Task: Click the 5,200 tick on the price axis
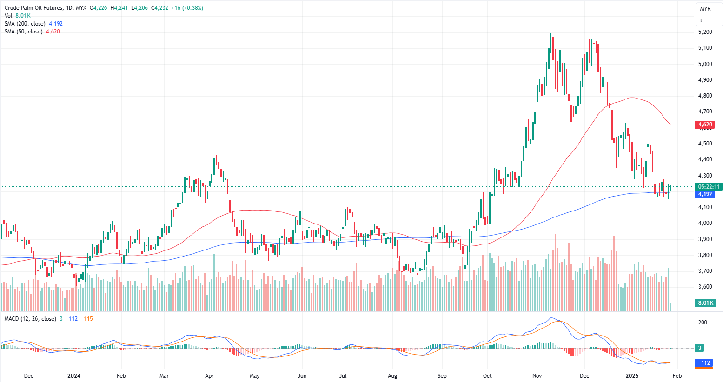pyautogui.click(x=705, y=32)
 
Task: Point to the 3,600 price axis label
pyautogui.click(x=705, y=287)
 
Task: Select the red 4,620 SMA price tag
pyautogui.click(x=705, y=125)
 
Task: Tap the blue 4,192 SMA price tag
pyautogui.click(x=705, y=194)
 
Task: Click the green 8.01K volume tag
pyautogui.click(x=705, y=303)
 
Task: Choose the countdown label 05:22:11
pyautogui.click(x=709, y=187)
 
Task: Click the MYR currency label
pyautogui.click(x=705, y=9)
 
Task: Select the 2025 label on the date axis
pyautogui.click(x=631, y=375)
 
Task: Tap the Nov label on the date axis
pyautogui.click(x=537, y=375)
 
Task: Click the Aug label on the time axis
pyautogui.click(x=392, y=375)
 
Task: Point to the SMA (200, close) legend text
pyautogui.click(x=25, y=24)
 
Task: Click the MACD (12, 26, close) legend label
pyautogui.click(x=30, y=319)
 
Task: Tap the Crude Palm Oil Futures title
pyautogui.click(x=35, y=8)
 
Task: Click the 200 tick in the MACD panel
pyautogui.click(x=703, y=323)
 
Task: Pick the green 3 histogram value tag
pyautogui.click(x=700, y=348)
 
